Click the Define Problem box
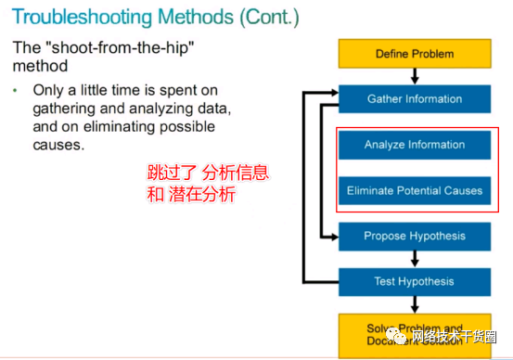click(414, 53)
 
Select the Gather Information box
click(414, 98)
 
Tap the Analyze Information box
click(414, 145)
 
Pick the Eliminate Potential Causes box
click(414, 190)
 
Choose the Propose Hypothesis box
click(414, 236)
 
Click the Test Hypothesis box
click(414, 281)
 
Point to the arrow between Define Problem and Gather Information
click(414, 76)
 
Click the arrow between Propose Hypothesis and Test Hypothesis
click(414, 259)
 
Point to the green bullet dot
click(15, 91)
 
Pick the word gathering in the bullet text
click(64, 109)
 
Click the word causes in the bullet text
click(59, 146)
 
